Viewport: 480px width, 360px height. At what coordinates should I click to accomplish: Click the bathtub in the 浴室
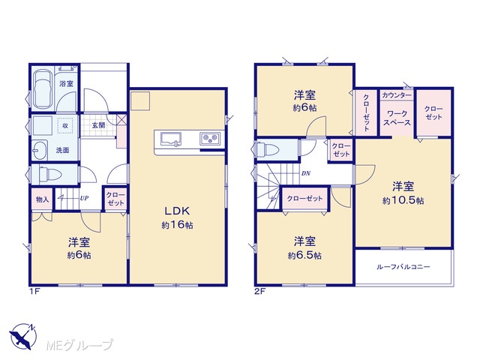pos(42,89)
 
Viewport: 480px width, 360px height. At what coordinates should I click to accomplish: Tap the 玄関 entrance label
pos(98,125)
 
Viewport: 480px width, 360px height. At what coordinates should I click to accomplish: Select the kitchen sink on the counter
pos(171,139)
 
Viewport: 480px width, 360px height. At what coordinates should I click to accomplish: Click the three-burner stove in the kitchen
pos(210,138)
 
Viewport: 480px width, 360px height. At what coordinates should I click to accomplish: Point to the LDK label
pos(178,211)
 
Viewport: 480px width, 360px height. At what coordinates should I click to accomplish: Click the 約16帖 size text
pos(178,225)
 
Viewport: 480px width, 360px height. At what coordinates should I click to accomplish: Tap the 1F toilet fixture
pos(50,175)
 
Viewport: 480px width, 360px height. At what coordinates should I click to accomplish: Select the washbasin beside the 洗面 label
pos(40,150)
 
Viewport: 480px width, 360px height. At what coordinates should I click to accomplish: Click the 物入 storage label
pos(42,199)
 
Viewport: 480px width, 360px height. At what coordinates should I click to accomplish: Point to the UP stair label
pos(84,198)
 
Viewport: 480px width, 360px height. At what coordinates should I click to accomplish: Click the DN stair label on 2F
pos(306,173)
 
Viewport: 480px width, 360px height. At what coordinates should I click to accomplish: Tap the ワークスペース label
pos(397,118)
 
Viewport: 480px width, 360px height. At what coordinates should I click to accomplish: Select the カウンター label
pos(397,95)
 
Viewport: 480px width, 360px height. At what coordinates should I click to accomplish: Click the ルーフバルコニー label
pos(403,267)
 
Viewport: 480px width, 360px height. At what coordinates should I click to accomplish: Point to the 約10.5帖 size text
pos(403,200)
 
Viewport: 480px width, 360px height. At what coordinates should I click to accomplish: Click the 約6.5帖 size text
pos(304,255)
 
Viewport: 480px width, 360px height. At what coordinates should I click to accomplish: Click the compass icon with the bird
pos(23,337)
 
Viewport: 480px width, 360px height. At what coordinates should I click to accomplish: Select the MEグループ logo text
pos(80,346)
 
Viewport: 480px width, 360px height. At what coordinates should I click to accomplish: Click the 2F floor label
pos(259,292)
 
